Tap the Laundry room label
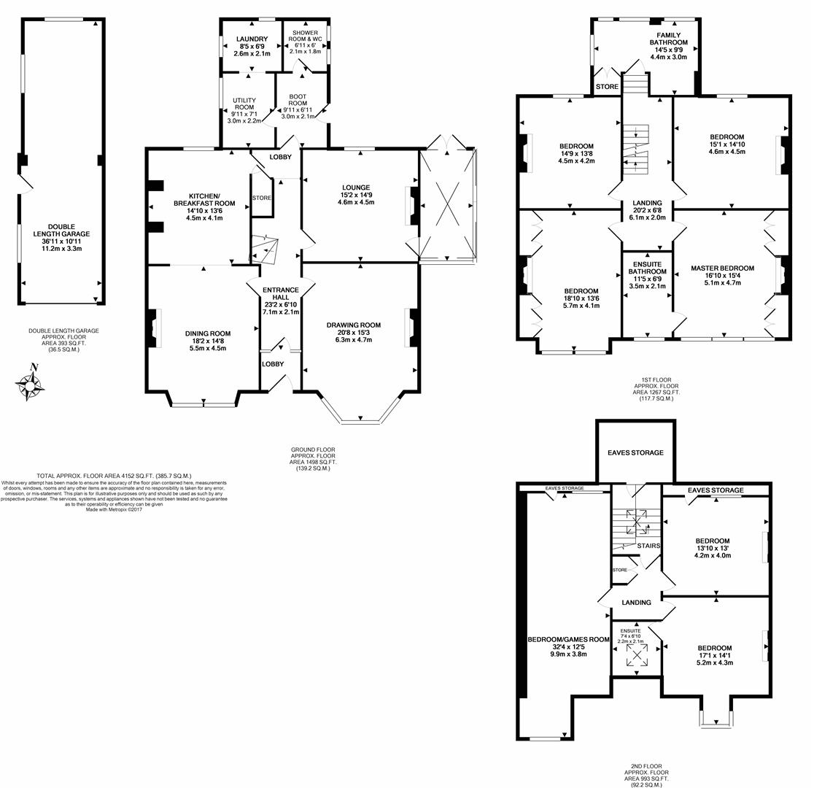252,39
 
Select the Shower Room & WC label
305,36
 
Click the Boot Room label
298,99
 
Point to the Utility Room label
244,103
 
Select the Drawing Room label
354,325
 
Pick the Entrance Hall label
281,294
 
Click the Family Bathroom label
668,39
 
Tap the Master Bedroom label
722,269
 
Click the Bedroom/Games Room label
568,639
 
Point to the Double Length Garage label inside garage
62,231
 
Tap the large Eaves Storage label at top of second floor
635,453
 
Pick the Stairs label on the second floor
648,545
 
